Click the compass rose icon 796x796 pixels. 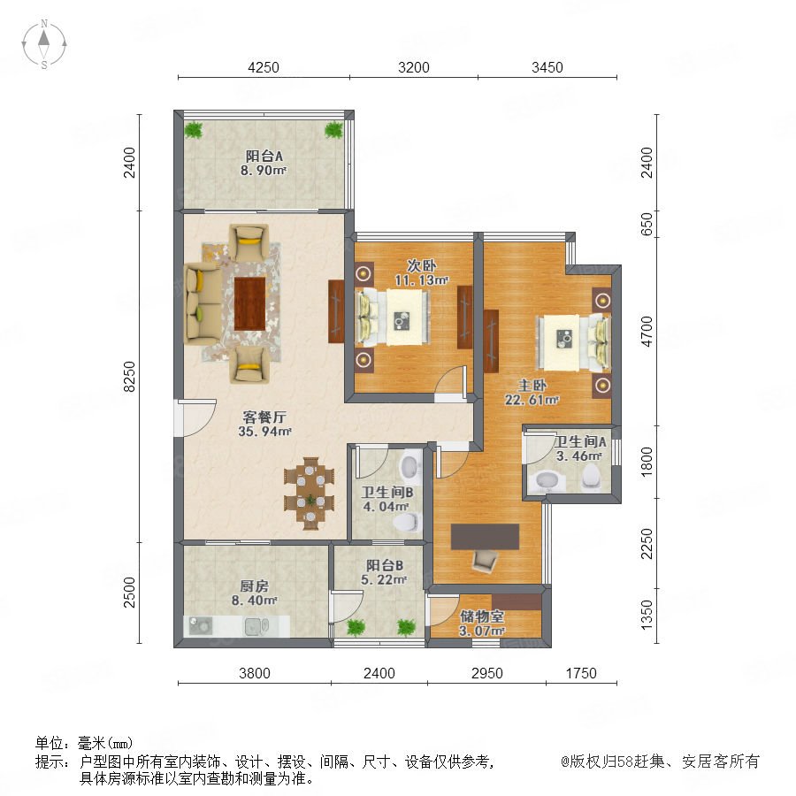point(44,43)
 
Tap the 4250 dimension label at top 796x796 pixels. point(264,67)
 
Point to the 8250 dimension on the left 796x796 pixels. point(130,376)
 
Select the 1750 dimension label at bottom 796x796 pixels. point(581,673)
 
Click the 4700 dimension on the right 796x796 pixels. point(647,331)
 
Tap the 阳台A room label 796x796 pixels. point(264,156)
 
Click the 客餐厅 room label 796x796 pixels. point(264,417)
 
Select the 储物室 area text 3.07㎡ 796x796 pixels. point(482,631)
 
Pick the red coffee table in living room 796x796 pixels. point(249,303)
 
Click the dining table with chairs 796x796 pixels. point(310,494)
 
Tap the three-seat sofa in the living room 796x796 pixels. point(203,303)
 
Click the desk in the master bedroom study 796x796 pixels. point(485,537)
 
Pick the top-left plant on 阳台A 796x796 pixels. point(193,130)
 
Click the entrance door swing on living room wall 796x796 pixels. point(195,417)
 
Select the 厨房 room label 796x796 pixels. point(254,586)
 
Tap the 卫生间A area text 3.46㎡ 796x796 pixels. point(578,455)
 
